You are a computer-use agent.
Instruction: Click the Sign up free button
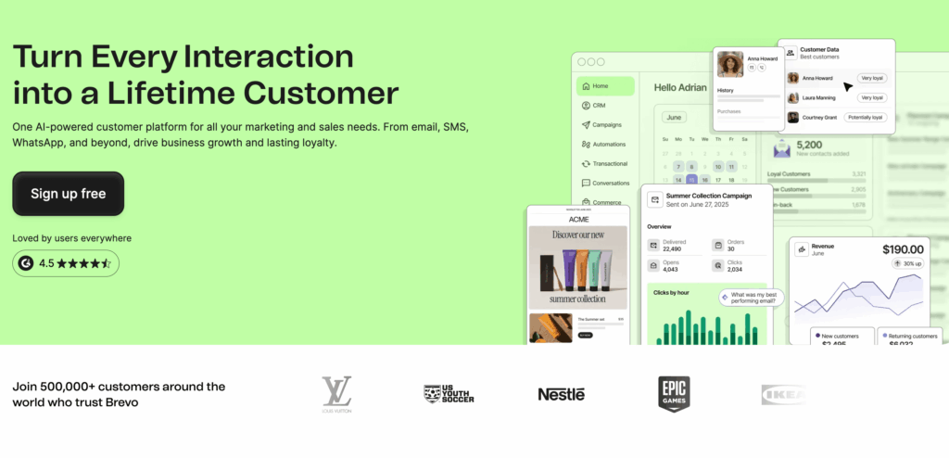click(68, 194)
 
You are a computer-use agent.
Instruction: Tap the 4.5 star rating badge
click(66, 263)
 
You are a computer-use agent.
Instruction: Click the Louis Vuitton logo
click(336, 393)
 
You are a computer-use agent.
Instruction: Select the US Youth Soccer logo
click(449, 394)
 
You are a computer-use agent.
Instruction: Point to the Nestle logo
click(561, 394)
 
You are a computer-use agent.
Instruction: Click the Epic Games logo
click(674, 393)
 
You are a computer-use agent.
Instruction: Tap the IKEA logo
click(783, 394)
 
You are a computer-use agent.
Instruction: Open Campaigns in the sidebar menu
click(608, 125)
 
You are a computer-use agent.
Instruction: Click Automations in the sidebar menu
click(610, 145)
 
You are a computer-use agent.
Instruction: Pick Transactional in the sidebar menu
click(611, 163)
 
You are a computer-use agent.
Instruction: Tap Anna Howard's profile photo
click(730, 64)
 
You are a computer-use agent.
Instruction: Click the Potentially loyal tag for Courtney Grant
click(865, 118)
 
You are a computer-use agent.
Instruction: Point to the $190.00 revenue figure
click(902, 249)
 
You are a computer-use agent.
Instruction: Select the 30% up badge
click(907, 264)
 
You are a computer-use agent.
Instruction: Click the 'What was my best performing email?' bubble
click(751, 298)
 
